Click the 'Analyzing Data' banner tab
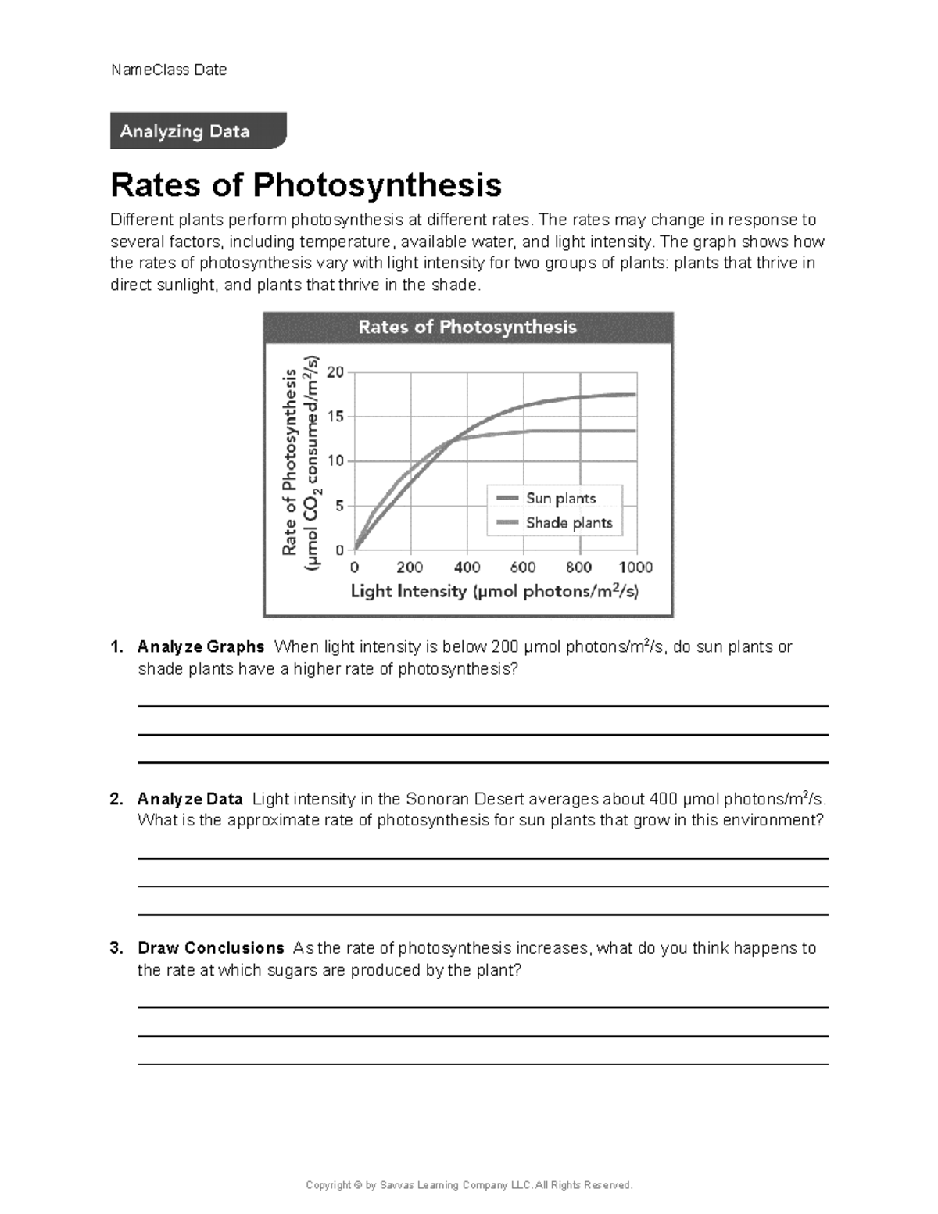[x=197, y=131]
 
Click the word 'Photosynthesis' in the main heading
[x=377, y=184]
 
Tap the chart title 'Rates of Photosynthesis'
[x=467, y=327]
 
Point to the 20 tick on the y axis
[x=335, y=372]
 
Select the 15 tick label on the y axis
[x=335, y=417]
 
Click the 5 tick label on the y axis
[x=339, y=506]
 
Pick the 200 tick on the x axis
[x=410, y=567]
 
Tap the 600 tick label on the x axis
[x=523, y=567]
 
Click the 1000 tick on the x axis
[x=635, y=567]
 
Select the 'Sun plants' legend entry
[x=560, y=498]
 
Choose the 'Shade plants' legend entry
[x=568, y=522]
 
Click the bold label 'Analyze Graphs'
[x=201, y=647]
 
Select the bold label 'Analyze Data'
[x=190, y=799]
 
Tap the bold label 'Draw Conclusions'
[x=210, y=948]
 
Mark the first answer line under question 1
[x=482, y=706]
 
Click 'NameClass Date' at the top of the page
[x=169, y=70]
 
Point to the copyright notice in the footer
[x=469, y=1185]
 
